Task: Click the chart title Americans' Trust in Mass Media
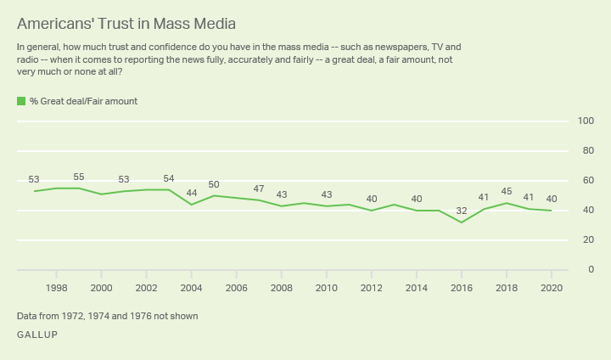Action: (126, 23)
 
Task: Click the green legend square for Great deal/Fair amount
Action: (21, 101)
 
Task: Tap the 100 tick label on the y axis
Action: (585, 121)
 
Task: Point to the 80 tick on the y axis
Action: (585, 151)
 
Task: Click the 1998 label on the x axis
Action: (57, 288)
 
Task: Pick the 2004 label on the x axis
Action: (192, 288)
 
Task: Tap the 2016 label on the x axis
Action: (462, 288)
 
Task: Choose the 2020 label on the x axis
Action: (552, 288)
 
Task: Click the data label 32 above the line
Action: (462, 209)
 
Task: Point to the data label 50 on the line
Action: (214, 184)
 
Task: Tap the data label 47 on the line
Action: (259, 188)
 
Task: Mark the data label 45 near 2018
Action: (507, 191)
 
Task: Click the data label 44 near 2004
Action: (192, 193)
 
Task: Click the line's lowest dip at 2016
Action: (462, 222)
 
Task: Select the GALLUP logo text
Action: (37, 335)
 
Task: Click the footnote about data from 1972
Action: (107, 316)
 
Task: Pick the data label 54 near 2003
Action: (169, 178)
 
